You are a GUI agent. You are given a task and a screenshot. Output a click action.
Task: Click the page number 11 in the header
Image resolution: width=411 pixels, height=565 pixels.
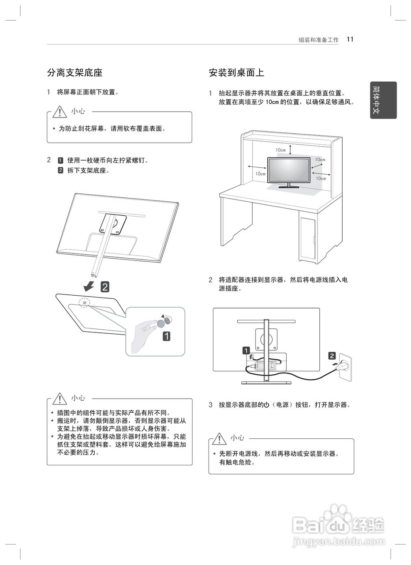pos(350,39)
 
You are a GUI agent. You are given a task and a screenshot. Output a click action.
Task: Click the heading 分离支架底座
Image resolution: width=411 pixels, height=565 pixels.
pos(75,72)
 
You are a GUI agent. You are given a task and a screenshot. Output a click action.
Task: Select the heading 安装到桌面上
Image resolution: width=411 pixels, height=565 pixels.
pos(236,72)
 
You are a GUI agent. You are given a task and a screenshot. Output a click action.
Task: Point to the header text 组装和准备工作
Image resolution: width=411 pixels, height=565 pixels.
pos(318,40)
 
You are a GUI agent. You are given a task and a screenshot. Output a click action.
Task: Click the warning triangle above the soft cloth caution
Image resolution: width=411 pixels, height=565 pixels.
pos(60,112)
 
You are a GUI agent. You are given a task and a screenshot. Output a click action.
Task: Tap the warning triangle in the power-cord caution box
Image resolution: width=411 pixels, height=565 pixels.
pos(219,438)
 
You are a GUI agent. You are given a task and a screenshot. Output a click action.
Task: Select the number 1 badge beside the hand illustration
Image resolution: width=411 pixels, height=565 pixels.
pos(167,336)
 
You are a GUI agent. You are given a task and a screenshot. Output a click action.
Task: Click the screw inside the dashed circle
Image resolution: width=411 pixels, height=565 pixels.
pos(84,302)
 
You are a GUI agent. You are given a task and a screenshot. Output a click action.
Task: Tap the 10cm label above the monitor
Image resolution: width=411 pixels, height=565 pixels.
pos(281,150)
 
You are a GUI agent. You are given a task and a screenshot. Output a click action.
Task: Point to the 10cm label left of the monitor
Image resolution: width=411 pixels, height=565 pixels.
pos(260,173)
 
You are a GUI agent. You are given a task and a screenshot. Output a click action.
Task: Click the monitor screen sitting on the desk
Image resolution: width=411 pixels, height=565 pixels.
pos(289,169)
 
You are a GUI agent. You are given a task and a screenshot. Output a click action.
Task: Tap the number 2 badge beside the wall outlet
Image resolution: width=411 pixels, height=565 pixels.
pos(332,356)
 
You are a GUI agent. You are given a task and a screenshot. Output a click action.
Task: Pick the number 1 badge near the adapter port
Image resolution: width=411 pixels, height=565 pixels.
pos(246,351)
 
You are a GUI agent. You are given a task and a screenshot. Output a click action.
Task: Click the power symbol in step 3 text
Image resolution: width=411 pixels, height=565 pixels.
pos(266,405)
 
